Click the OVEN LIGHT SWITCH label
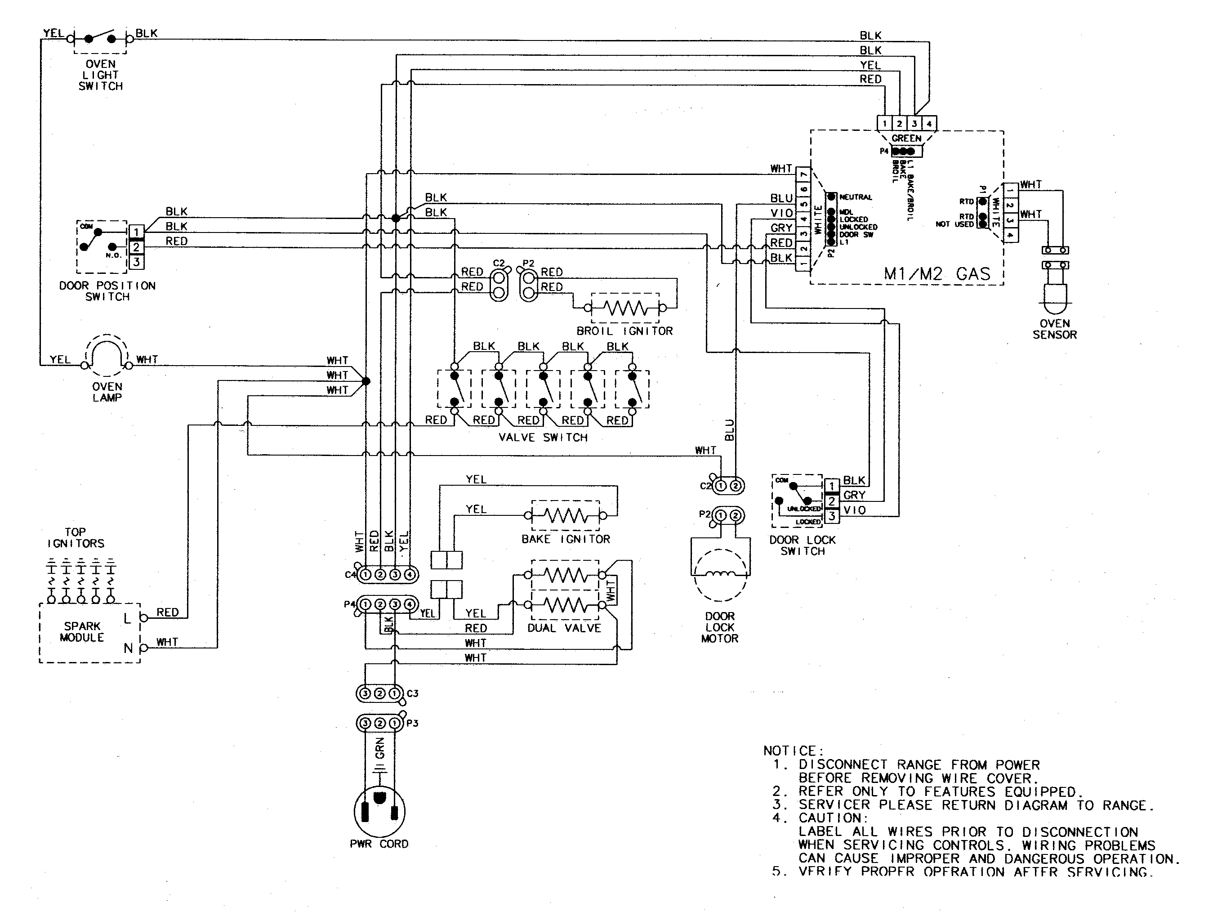[x=100, y=75]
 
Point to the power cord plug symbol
[x=379, y=812]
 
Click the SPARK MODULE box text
[x=82, y=632]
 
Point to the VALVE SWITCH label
[x=543, y=438]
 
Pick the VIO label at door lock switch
[x=854, y=510]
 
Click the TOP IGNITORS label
[x=76, y=538]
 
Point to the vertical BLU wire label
[x=729, y=430]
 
